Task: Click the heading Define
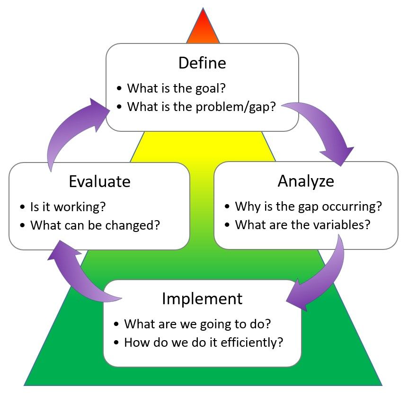coord(202,63)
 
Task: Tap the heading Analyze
coord(306,181)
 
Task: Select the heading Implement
coord(202,299)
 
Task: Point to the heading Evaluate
coord(99,181)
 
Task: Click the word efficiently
coord(248,342)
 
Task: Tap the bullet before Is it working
coord(22,207)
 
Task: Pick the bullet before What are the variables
coord(227,225)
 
